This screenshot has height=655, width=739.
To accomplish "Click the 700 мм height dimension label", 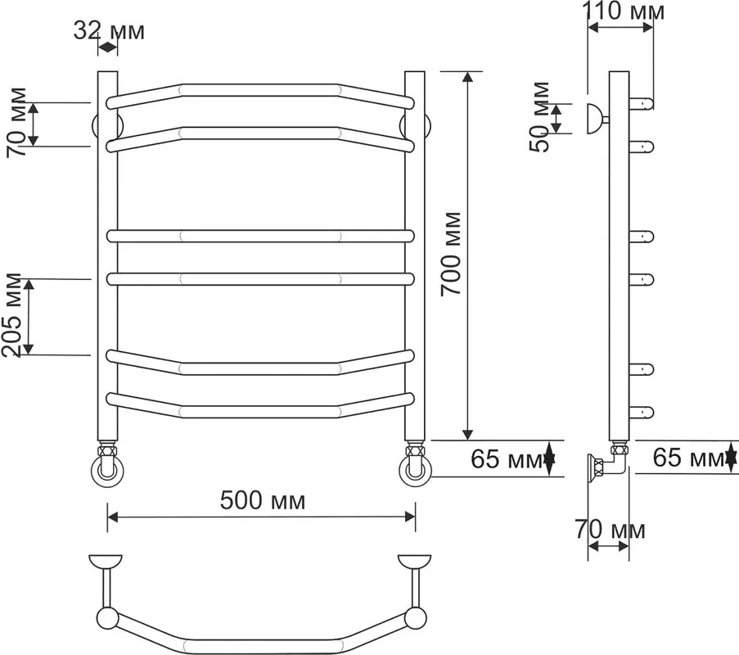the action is click(451, 254).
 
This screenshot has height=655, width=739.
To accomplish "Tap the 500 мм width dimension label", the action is click(263, 500).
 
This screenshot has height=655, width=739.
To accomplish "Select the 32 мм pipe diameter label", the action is click(109, 31).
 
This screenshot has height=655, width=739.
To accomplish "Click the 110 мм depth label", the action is click(624, 11).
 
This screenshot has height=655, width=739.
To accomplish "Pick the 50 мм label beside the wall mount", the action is click(539, 117).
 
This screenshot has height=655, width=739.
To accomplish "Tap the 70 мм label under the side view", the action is click(610, 530).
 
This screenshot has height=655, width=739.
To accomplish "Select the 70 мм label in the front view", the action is click(16, 122).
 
